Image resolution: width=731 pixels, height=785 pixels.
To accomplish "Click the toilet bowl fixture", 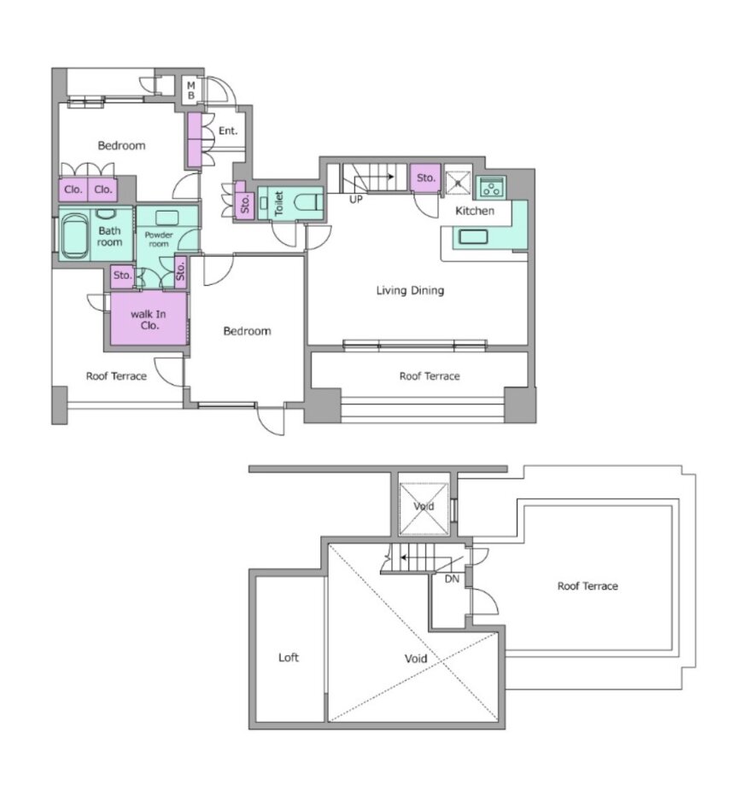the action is [307, 203].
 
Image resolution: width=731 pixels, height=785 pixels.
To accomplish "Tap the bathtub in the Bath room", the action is [74, 236].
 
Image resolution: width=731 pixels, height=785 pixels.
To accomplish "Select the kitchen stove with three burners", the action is [490, 188].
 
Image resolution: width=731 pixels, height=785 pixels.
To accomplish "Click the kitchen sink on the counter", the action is [472, 236].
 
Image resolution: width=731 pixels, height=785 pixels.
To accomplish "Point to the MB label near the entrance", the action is [190, 90].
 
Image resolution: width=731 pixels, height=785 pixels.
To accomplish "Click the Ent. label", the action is [227, 131].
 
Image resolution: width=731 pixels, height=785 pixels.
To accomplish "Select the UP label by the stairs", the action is [355, 200].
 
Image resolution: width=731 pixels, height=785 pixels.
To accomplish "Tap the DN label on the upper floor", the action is [452, 579].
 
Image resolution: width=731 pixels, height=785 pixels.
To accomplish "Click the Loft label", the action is [288, 657].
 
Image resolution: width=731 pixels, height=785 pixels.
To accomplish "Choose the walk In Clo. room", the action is [149, 319].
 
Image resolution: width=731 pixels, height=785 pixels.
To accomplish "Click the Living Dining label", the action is [410, 290].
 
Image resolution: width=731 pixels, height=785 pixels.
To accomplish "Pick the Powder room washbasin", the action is [167, 218].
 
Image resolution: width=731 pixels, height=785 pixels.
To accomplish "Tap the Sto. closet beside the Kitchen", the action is [425, 177].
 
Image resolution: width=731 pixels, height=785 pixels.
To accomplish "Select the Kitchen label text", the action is [475, 211].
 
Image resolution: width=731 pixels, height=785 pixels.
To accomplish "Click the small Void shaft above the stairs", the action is [424, 509].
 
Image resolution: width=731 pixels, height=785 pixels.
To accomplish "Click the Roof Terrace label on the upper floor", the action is [588, 585].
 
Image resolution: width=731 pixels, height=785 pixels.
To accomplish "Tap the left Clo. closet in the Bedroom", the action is [73, 189].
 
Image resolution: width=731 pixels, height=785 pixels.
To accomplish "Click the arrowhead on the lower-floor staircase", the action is [391, 177].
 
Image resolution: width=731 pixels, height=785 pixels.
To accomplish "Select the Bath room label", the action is [109, 236].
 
